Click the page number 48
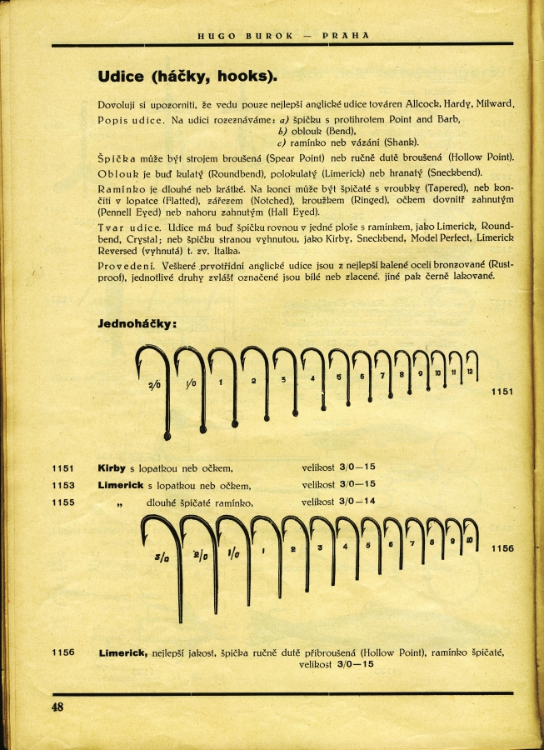tap(57, 707)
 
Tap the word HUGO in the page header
tap(212, 36)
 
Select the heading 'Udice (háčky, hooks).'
tap(187, 77)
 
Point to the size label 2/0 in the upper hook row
tap(155, 385)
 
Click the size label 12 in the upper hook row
tap(470, 372)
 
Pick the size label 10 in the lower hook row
tap(471, 540)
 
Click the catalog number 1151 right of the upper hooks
tap(502, 391)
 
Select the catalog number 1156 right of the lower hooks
tap(502, 547)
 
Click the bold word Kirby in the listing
tap(112, 468)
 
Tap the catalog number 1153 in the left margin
tap(62, 485)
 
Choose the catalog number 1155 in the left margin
tap(62, 502)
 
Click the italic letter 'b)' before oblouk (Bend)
tap(283, 131)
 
